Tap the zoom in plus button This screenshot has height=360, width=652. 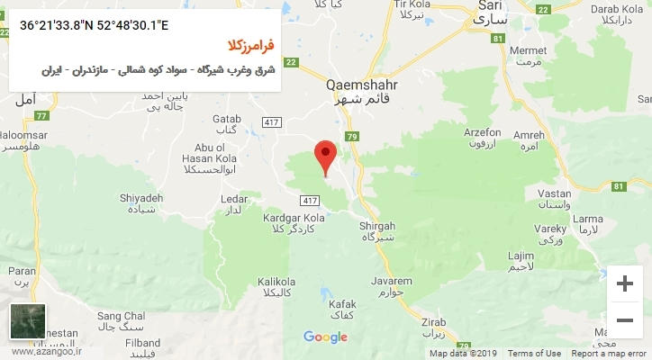click(624, 284)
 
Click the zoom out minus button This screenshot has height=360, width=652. click(624, 319)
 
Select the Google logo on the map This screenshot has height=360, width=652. click(325, 337)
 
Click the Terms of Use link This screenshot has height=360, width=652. click(533, 354)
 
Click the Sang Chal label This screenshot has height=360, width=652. click(121, 317)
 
